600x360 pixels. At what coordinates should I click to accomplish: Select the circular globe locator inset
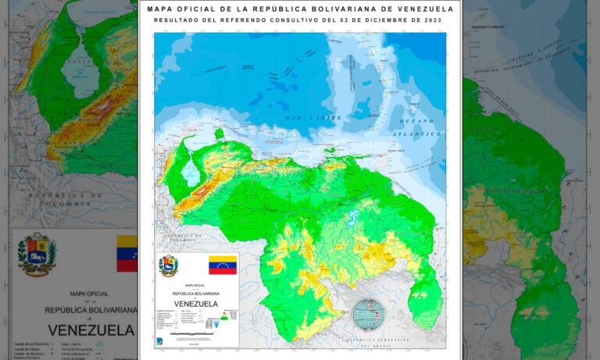(368, 315)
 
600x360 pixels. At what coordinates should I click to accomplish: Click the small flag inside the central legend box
(223, 265)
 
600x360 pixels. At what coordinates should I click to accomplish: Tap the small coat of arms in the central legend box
(168, 266)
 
